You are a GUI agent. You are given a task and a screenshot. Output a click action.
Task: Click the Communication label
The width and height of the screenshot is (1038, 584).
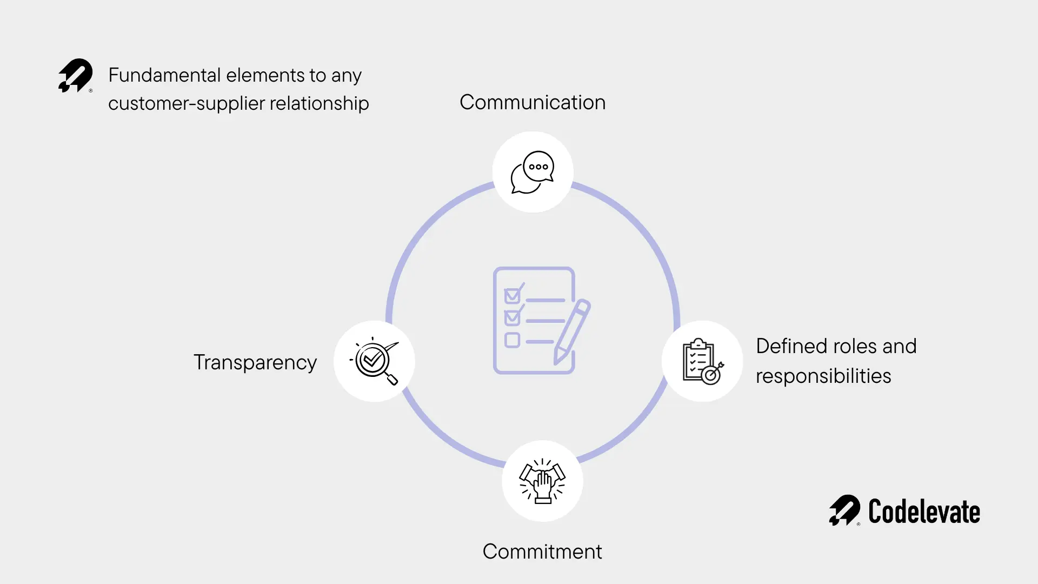[x=532, y=102]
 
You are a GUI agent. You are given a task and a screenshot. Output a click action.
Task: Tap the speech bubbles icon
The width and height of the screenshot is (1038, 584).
[x=533, y=172]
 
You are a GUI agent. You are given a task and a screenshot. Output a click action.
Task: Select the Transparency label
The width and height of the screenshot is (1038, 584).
[x=255, y=362]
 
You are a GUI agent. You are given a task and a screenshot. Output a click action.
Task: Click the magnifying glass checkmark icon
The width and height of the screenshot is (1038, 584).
[x=374, y=361]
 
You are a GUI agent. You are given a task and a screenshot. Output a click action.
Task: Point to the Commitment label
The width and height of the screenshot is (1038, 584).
[x=542, y=552]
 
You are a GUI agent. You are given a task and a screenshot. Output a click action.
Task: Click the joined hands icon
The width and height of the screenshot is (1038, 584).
[x=542, y=481]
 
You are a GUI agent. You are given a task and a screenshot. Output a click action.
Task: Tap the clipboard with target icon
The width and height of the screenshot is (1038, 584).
[x=702, y=361]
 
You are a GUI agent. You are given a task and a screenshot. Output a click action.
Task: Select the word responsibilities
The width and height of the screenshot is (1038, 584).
[x=823, y=376]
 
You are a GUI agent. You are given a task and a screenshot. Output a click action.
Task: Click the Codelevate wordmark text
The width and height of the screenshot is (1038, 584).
[x=924, y=512]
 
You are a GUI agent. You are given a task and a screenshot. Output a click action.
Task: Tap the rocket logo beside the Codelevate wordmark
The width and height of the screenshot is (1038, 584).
[x=844, y=510]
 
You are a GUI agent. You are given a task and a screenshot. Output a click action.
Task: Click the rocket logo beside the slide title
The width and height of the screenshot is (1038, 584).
[x=76, y=76]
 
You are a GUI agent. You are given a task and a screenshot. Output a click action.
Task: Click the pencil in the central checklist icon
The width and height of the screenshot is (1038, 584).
[x=572, y=331]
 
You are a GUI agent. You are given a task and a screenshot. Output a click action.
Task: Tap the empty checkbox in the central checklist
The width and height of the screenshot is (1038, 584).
[x=512, y=340]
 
